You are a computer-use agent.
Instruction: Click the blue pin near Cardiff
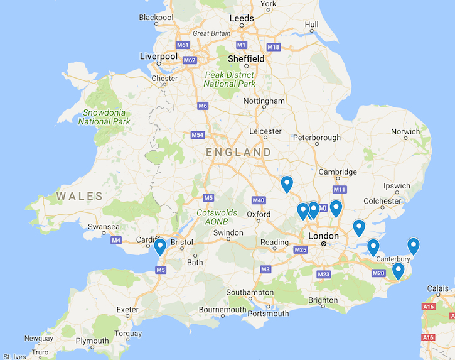pos(160,246)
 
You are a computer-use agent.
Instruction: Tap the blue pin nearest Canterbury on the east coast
pos(413,246)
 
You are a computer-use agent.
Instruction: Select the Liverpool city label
pos(159,57)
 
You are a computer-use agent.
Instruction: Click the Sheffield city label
pos(246,58)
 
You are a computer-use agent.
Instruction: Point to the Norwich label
pos(405,132)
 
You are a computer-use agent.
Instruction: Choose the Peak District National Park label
pos(230,79)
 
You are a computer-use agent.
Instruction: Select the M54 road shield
pos(198,135)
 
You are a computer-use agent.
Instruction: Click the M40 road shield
pos(258,200)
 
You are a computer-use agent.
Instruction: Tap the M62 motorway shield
pos(190,60)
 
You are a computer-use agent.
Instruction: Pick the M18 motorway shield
pos(273,47)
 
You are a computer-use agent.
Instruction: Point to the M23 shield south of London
pos(324,274)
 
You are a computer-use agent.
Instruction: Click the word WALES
pos(79,196)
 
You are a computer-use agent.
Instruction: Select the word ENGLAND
pos(239,152)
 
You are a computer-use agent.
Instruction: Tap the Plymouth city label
pos(92,341)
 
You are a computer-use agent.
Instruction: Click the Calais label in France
pos(438,289)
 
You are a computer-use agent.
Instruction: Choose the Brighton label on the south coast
pos(323,300)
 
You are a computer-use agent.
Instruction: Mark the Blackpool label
pos(156,18)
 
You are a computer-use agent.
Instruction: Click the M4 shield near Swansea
pos(116,240)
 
